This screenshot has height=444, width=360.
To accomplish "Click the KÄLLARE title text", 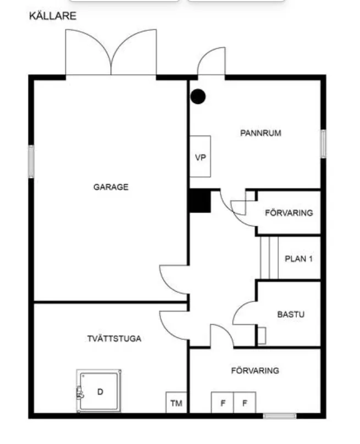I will (53, 16).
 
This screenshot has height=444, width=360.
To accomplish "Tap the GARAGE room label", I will (110, 187).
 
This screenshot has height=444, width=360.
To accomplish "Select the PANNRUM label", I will (261, 133).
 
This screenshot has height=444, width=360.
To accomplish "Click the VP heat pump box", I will (201, 157).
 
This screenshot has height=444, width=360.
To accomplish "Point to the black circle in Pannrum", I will (198, 97).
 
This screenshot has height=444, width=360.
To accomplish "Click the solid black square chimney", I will (200, 201).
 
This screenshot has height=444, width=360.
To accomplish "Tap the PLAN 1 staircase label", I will (298, 259).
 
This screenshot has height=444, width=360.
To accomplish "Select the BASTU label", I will (290, 315).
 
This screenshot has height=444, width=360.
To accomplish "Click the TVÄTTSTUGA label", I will (114, 338).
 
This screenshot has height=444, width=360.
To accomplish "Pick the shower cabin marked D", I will (99, 391).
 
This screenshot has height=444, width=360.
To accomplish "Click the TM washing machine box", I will (176, 403).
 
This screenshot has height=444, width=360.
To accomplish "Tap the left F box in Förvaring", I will (223, 403).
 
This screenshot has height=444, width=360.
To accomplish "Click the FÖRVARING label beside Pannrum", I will (289, 213).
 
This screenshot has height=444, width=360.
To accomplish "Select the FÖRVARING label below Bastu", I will (254, 371).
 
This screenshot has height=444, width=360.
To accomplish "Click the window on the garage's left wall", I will (31, 161).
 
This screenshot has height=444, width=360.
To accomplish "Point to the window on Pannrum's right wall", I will (323, 144).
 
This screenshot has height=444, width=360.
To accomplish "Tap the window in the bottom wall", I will (280, 416).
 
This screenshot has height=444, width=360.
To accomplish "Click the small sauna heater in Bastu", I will (262, 335).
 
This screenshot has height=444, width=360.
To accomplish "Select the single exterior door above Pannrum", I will (211, 62).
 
